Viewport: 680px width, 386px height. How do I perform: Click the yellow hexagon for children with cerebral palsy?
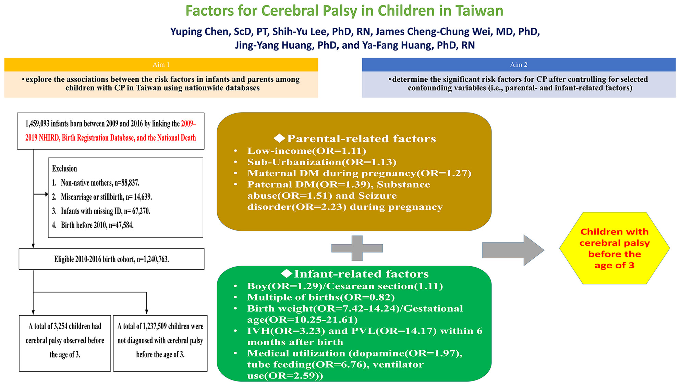coord(614,248)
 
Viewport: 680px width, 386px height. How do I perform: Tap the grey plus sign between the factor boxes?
coord(357,248)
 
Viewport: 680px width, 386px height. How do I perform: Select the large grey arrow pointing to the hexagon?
coord(513,250)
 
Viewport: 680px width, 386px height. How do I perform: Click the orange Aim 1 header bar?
coord(161,65)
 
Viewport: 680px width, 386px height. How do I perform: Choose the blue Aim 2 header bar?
coord(519,65)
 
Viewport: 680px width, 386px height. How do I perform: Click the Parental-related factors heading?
coord(355,138)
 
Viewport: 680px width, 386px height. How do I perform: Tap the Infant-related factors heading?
coord(355,273)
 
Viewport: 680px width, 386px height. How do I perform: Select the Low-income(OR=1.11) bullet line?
coord(306,151)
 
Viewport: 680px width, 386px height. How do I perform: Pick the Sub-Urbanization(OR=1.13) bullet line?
coord(321,162)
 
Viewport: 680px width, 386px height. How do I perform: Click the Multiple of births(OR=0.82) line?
coord(321,297)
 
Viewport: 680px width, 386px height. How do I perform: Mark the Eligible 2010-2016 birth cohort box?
coord(111,259)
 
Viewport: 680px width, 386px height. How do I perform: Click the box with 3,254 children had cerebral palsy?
coord(65,343)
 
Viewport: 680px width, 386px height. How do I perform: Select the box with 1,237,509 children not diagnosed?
coord(160,343)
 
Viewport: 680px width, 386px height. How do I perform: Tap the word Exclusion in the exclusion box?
coord(64,168)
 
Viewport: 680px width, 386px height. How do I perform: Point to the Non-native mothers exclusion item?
coord(96,183)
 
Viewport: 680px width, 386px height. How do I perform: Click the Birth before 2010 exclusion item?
coord(93,225)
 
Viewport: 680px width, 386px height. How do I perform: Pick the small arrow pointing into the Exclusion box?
coord(41,194)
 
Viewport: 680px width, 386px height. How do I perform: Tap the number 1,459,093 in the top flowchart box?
coord(37,124)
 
